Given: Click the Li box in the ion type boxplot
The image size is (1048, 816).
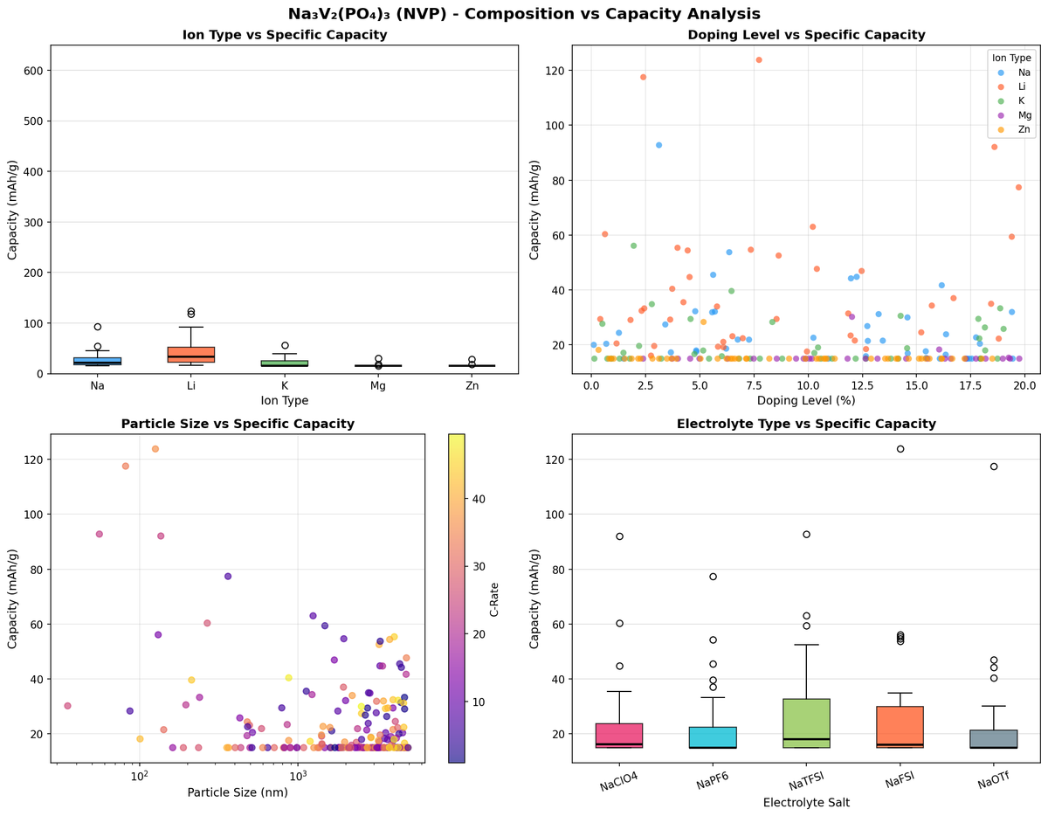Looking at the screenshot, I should point(190,354).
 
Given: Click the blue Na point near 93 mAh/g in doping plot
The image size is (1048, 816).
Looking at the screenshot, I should point(658,145).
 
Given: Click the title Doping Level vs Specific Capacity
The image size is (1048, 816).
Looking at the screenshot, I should point(806,35).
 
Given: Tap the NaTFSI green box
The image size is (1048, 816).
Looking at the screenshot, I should point(806,723).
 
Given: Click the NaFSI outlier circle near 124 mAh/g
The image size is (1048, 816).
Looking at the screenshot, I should point(900,449).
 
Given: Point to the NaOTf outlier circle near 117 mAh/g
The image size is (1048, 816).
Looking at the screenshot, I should point(994,467).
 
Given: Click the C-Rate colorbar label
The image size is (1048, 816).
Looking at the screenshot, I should point(494,598).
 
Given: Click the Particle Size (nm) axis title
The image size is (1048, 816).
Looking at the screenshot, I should point(238,792).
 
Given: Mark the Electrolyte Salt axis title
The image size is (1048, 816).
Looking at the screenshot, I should point(806,802).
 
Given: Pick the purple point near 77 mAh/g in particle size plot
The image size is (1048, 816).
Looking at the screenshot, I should point(228,577).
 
